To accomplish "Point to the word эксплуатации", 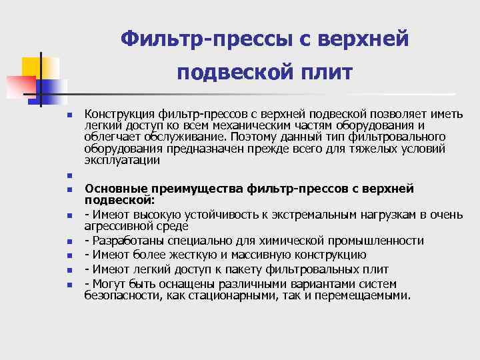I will pyautogui.click(x=122, y=160).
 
